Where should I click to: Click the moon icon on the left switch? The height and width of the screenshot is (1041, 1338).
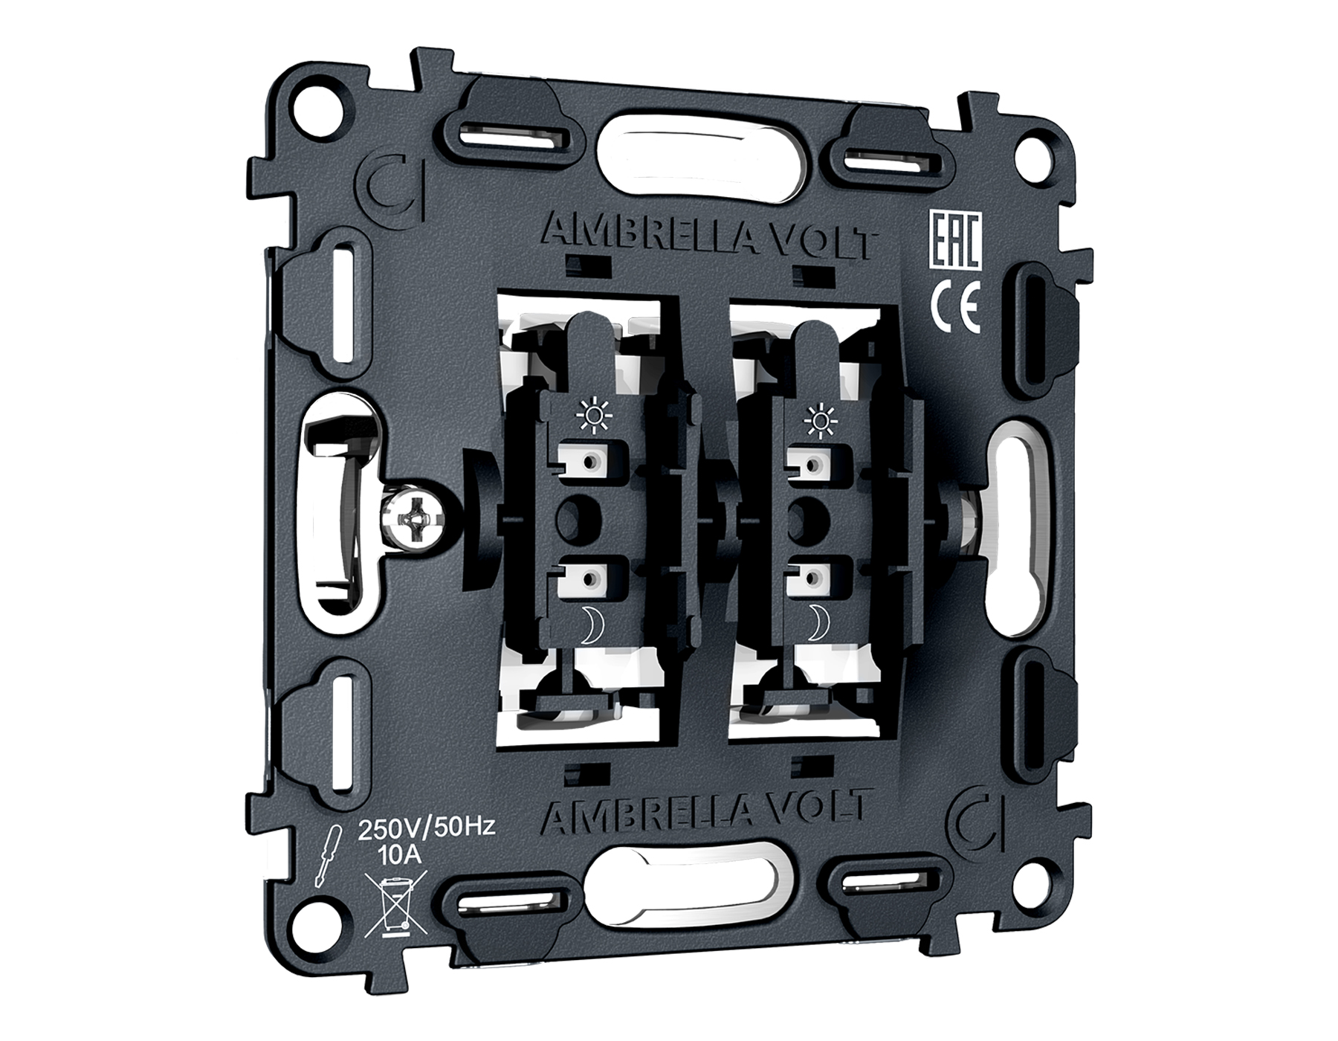(x=590, y=624)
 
